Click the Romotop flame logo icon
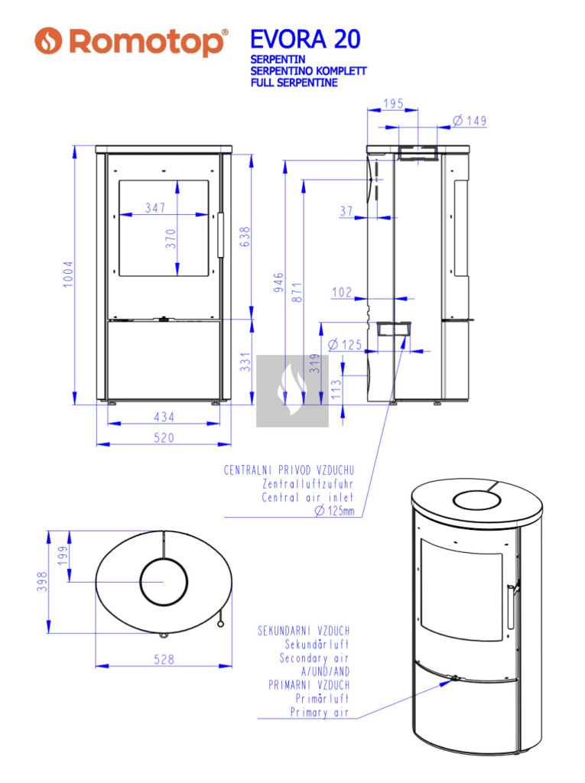[48, 41]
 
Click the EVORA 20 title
[305, 40]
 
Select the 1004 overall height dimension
[68, 275]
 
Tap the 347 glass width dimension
[155, 208]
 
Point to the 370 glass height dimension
[171, 239]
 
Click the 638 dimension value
[245, 237]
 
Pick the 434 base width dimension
[164, 417]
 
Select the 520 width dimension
[164, 438]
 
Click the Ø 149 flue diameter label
[470, 120]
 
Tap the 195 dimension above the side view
[393, 103]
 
